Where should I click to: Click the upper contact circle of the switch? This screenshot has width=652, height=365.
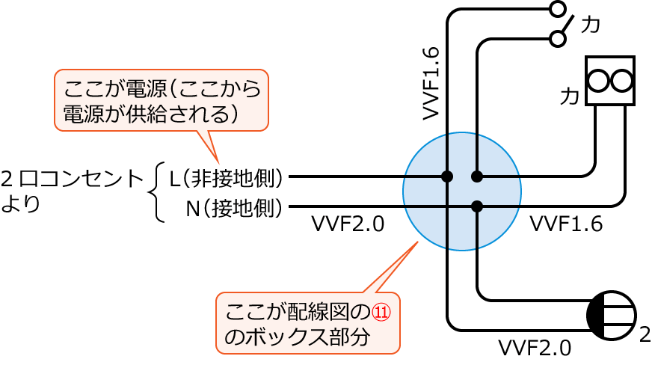coord(557,9)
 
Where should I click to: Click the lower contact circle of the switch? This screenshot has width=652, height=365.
coord(557,39)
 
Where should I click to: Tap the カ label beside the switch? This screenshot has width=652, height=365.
coord(591,25)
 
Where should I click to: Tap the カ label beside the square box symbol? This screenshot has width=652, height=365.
coord(570,96)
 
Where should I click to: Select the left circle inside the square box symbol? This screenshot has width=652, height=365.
coord(599,81)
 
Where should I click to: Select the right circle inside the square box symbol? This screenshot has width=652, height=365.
coord(622,81)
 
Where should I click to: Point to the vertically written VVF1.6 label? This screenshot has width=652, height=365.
coord(431,83)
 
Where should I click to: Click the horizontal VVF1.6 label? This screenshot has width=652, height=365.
coord(566,224)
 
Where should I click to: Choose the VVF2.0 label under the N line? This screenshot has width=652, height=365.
coord(348,224)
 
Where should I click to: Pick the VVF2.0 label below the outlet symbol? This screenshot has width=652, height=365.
coord(535,348)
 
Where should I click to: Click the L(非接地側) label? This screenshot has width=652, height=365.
coord(227,178)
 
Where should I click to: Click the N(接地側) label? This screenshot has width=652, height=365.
coord(234,207)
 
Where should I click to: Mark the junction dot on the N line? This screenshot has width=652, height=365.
coord(477,206)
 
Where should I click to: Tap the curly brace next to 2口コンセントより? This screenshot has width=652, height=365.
coord(156,192)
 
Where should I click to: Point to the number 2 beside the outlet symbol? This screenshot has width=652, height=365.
coord(645,334)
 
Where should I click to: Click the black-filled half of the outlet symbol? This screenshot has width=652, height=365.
coord(596,316)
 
